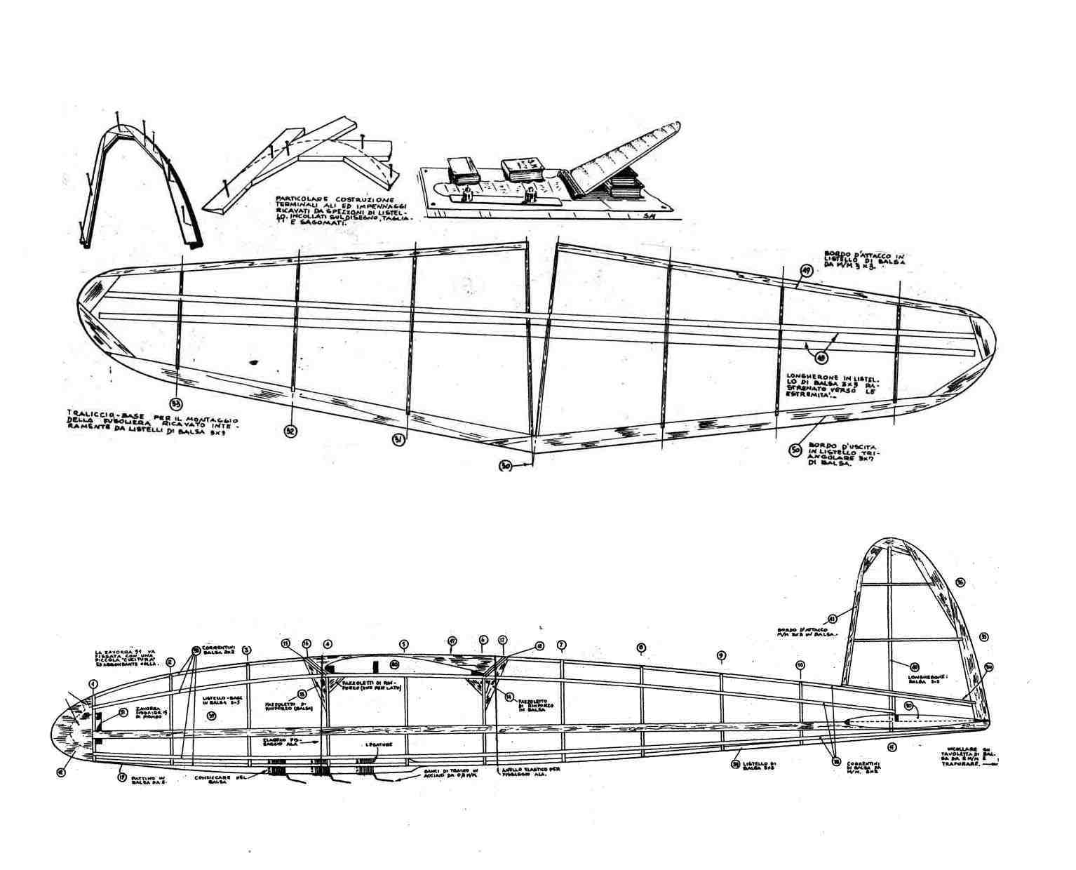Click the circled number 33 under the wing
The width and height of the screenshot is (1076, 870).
click(176, 402)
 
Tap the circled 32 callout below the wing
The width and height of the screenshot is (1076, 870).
click(290, 431)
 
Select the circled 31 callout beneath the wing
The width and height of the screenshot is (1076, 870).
click(398, 439)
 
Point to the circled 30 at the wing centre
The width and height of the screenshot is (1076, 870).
click(505, 465)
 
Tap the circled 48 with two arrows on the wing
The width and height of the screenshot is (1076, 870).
click(813, 356)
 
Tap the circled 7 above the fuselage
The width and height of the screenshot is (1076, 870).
click(560, 645)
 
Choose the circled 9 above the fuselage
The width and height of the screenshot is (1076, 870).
click(720, 655)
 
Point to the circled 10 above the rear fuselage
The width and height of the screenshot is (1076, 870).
click(800, 664)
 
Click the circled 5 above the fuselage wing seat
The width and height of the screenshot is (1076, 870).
click(403, 643)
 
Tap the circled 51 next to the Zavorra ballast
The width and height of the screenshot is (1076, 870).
click(123, 712)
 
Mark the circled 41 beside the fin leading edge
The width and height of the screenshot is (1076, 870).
click(833, 618)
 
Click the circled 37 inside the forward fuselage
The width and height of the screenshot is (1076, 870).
click(212, 715)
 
